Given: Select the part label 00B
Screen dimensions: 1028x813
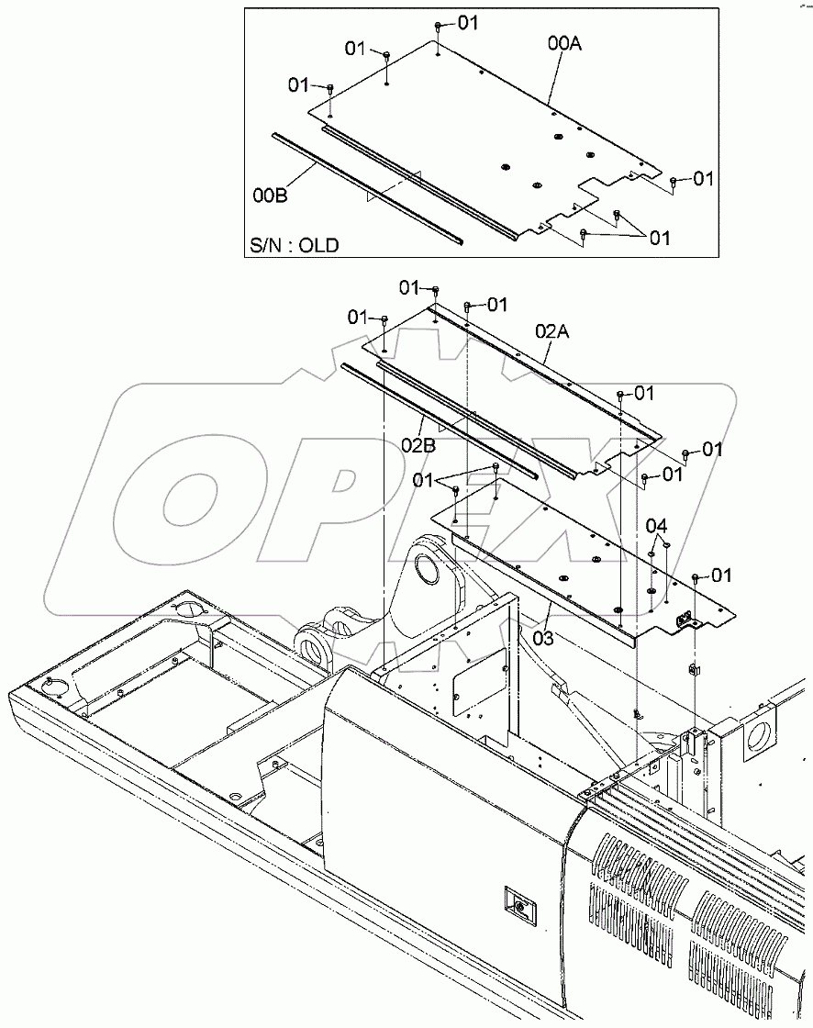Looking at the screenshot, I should coord(271,195).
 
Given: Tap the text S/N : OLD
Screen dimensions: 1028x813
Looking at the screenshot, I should coord(295,245).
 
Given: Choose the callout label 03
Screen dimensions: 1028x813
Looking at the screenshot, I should coord(543,637).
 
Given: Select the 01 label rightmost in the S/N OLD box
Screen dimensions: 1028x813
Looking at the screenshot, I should coord(703,179).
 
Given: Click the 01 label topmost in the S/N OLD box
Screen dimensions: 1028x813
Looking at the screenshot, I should coord(467,23).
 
